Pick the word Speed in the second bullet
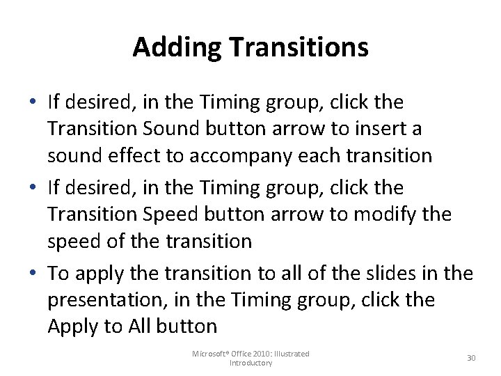(175, 214)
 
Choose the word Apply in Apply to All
(72, 326)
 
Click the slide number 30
(471, 358)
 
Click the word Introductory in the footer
(250, 363)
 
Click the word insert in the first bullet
(379, 129)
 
